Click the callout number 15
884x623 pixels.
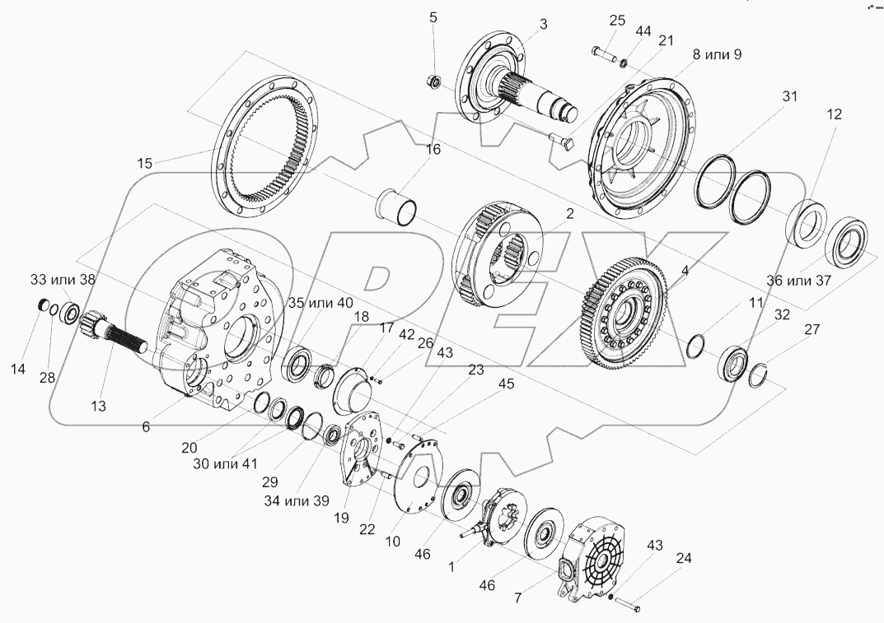point(145,164)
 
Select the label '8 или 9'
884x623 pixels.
point(717,55)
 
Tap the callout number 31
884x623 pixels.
point(789,96)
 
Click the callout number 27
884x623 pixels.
point(812,330)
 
